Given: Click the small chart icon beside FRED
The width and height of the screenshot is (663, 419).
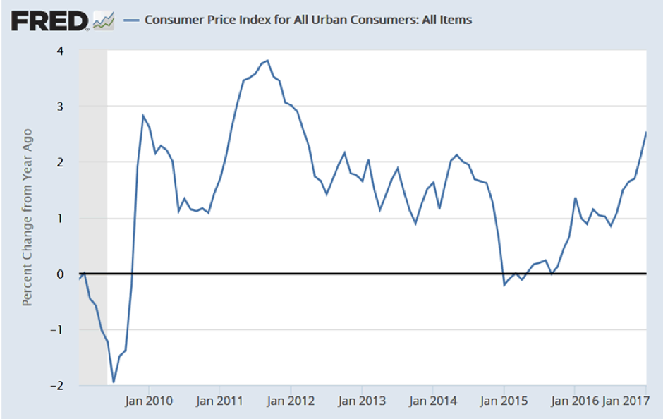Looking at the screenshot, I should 104,20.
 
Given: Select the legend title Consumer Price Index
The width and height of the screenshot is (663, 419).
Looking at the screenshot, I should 308,20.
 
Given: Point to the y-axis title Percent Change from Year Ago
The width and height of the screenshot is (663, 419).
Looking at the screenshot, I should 28,217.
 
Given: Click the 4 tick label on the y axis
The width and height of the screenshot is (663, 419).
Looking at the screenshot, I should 60,51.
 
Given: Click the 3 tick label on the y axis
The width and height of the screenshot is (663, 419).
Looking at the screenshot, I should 60,107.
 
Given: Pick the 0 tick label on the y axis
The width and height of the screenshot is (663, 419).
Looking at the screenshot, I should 60,274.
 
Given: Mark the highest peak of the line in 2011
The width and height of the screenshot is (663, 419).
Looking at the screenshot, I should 267,61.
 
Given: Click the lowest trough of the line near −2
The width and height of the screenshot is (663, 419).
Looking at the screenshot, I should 114,382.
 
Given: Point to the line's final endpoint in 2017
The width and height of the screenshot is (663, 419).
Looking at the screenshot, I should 646,133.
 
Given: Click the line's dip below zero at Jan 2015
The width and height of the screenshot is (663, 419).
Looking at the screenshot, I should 504,285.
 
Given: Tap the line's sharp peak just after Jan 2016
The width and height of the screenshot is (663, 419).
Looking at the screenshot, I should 576,198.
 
